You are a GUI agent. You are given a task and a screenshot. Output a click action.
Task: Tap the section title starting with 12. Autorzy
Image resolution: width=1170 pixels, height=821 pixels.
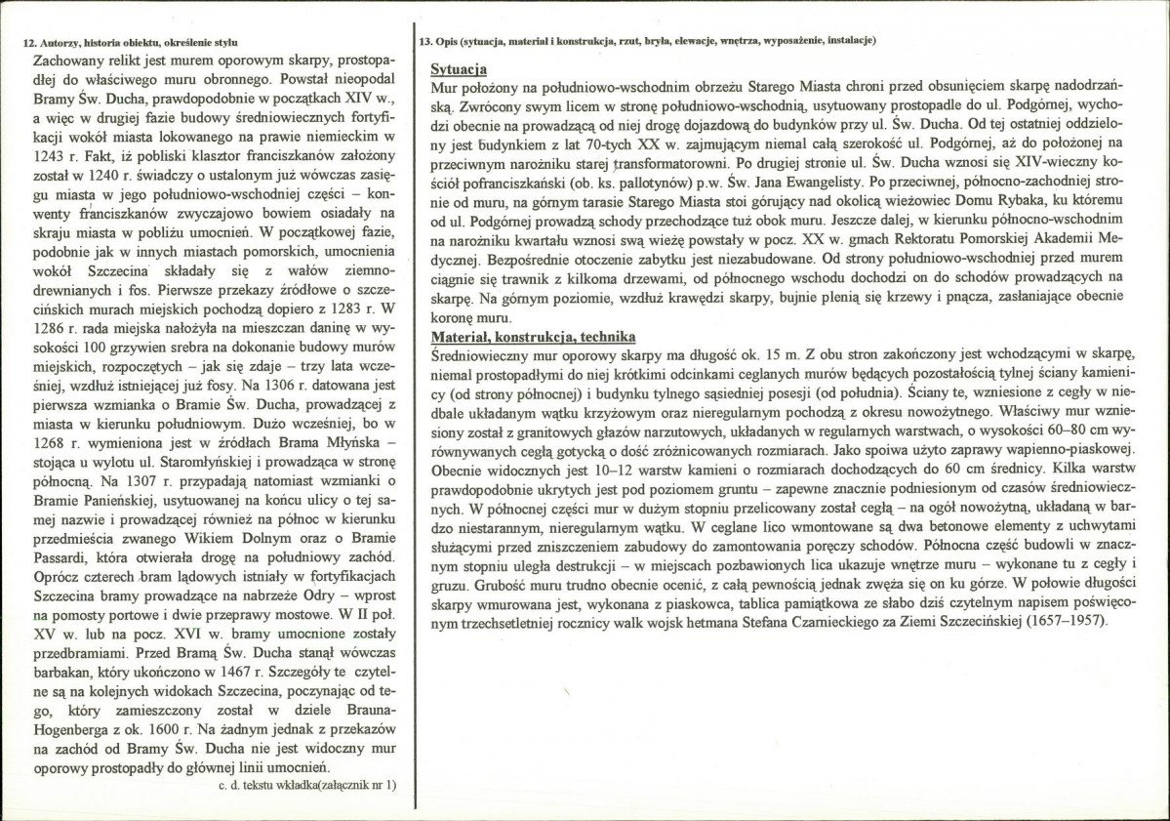click(130, 41)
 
